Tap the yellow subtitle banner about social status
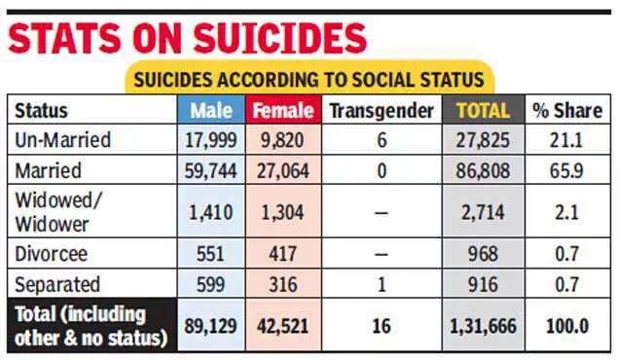[309, 80]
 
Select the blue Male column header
[211, 110]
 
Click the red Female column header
[283, 110]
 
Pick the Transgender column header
[382, 110]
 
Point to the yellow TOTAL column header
[483, 110]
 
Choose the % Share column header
[566, 110]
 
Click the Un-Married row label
[63, 140]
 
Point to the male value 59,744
[211, 171]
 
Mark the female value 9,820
[283, 140]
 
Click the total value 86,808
[483, 171]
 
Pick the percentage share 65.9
[566, 171]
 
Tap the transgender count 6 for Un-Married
[382, 140]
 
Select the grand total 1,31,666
[483, 326]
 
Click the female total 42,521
[283, 326]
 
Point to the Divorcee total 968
[483, 255]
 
